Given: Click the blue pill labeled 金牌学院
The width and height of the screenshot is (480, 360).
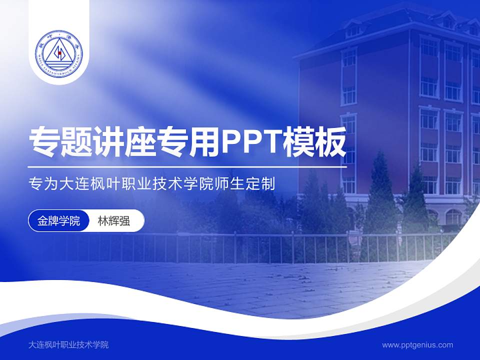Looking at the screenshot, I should pos(59,221).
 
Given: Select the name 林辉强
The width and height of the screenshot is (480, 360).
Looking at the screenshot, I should pos(113,221).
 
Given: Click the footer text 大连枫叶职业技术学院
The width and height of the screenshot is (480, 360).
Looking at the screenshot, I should pos(69,345).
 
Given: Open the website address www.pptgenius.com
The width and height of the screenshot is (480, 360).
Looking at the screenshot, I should pos(417,345).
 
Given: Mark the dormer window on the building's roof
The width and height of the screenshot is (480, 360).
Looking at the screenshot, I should pos(353,29).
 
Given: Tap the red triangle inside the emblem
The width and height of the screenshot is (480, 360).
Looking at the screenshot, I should pos(59,52).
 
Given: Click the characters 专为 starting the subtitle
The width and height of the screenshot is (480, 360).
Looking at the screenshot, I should pos(42,183).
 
